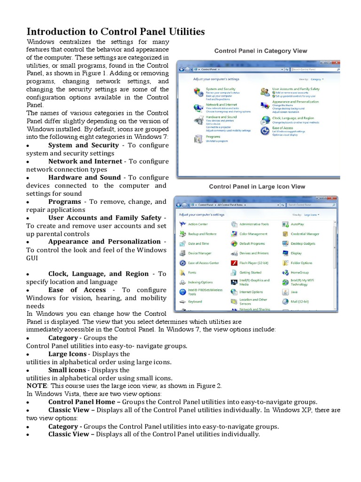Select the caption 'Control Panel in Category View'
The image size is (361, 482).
(x=260, y=51)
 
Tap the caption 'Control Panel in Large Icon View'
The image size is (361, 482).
(x=257, y=187)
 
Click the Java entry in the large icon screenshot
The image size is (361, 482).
(x=294, y=292)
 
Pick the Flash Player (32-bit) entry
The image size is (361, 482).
(x=253, y=263)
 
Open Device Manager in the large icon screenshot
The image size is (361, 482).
(x=199, y=253)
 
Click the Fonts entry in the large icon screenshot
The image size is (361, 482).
(x=192, y=273)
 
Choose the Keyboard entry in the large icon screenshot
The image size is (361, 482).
(x=195, y=302)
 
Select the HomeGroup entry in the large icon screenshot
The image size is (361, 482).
(x=299, y=273)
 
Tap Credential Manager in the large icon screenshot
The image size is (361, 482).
(x=305, y=234)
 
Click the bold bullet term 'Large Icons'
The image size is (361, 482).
(x=67, y=354)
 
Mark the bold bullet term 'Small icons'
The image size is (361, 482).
(x=67, y=370)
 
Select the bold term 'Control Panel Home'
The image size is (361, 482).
(x=81, y=402)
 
